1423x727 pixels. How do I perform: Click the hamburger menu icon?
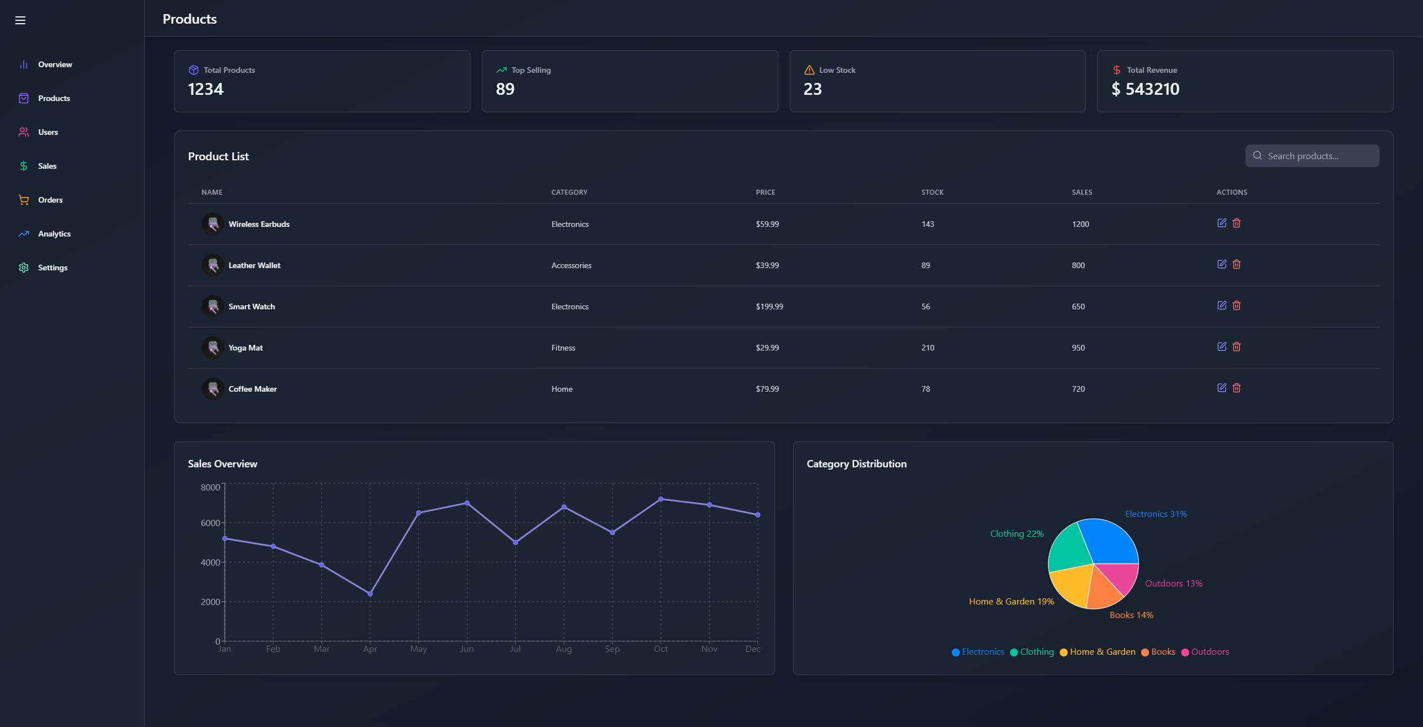20,20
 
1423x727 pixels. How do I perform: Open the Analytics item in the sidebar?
54,234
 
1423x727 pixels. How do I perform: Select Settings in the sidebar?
53,268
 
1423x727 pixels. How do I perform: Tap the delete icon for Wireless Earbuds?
1237,223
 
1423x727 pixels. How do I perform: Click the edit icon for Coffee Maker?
1221,388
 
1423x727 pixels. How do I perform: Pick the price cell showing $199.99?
769,306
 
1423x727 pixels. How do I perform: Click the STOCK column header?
932,192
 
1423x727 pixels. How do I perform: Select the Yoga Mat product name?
245,348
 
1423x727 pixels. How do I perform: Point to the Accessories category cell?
571,265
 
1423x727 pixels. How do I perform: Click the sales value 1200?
1080,224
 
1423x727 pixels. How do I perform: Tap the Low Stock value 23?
812,89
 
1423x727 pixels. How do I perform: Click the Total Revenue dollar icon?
1116,70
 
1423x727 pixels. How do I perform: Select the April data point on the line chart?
370,594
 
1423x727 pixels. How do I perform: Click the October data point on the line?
661,499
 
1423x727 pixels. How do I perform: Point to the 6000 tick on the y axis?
210,523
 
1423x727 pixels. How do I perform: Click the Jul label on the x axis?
515,649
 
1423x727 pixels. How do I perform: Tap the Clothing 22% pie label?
1016,534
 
